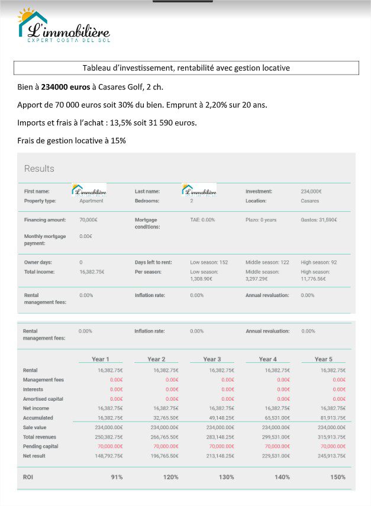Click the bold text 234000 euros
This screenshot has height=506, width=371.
65,87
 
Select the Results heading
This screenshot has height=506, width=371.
39,169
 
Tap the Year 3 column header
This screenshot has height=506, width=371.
212,359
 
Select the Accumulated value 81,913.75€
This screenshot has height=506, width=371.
333,418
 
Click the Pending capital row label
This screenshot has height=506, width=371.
40,446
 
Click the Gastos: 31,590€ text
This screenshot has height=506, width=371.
319,220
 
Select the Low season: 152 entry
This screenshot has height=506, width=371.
209,262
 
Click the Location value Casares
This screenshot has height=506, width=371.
310,201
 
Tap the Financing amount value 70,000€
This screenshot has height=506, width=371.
89,220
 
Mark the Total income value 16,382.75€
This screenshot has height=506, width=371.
92,272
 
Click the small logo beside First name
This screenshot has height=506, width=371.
89,190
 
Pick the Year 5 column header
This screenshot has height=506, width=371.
323,359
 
